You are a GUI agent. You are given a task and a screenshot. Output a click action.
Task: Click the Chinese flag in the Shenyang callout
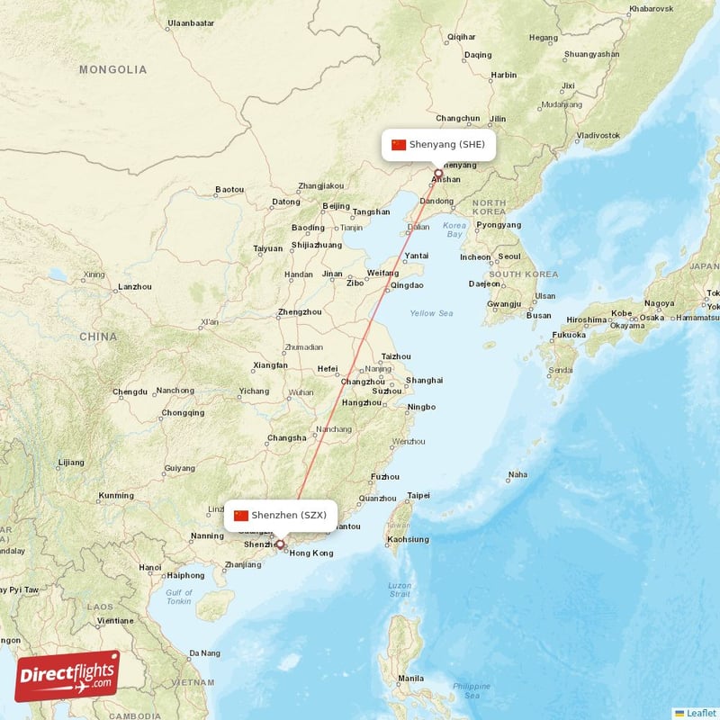[399, 144]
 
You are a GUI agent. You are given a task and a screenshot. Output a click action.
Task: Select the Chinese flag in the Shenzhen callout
[240, 516]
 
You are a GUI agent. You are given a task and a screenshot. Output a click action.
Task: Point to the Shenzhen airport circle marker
[280, 544]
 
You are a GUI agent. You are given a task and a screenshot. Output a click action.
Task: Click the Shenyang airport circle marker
[438, 173]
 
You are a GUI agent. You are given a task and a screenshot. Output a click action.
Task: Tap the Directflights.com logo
[67, 675]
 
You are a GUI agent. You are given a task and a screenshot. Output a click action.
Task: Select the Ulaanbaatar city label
[191, 22]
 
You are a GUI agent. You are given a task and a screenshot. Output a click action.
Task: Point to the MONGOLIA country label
[112, 69]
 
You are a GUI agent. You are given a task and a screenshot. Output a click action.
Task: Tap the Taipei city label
[418, 495]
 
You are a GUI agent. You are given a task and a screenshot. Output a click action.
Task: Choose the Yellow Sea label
[432, 313]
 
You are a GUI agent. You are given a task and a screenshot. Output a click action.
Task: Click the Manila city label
[410, 678]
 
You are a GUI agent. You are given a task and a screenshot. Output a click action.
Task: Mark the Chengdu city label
[130, 391]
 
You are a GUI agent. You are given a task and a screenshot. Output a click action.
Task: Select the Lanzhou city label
[134, 287]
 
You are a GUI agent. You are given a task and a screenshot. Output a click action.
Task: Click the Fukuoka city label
[568, 335]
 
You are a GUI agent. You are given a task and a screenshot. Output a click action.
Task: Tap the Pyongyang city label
[499, 225]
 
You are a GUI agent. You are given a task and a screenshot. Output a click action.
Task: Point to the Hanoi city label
[150, 567]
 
